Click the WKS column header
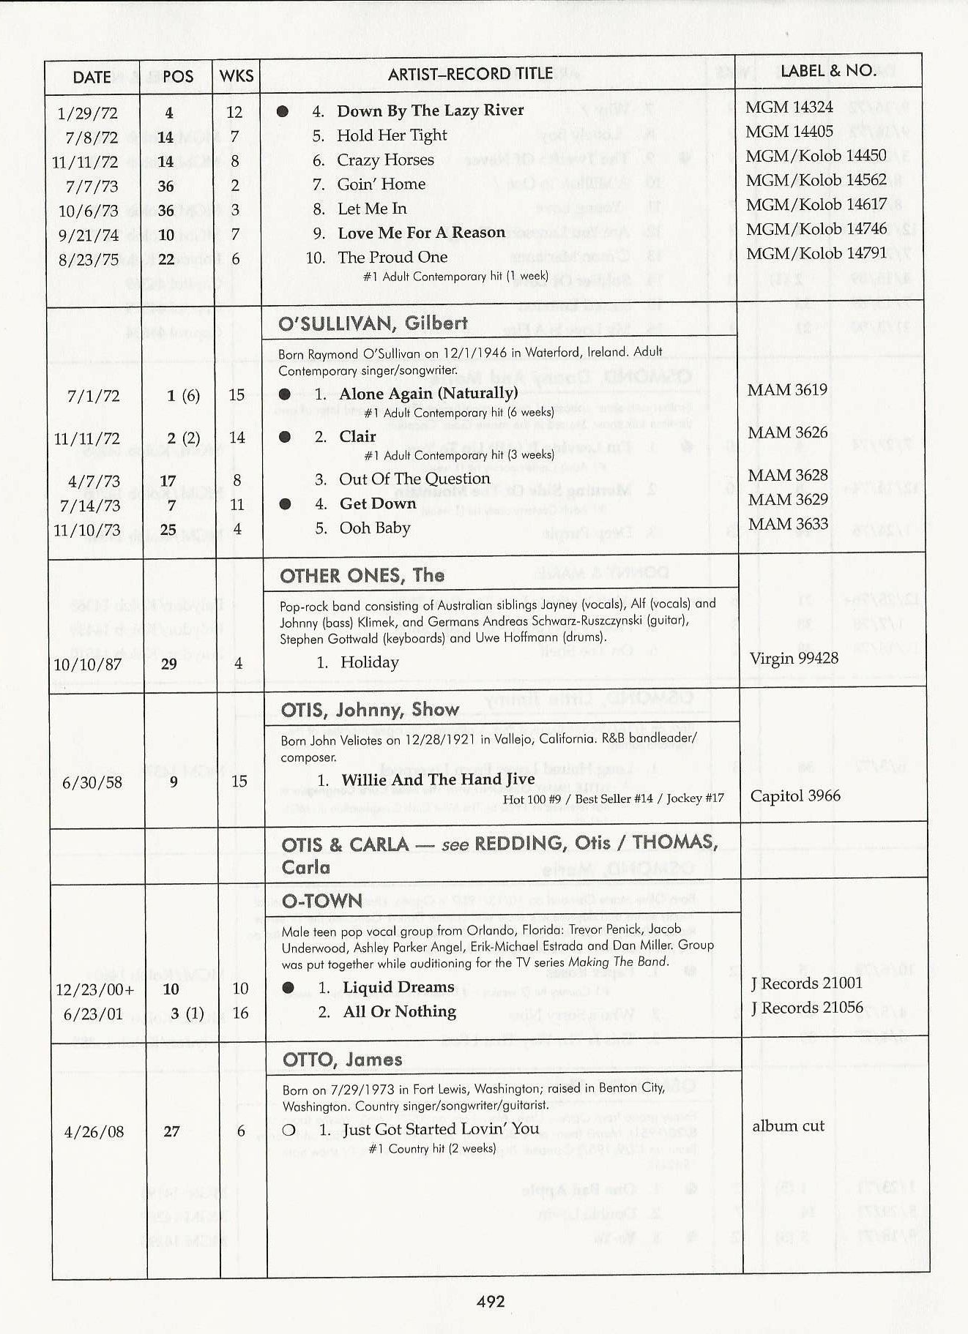[x=237, y=76]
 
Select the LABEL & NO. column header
[x=828, y=71]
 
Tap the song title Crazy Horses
[x=385, y=160]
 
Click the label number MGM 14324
[x=789, y=107]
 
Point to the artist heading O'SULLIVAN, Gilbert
[x=373, y=323]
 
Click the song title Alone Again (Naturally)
[x=428, y=393]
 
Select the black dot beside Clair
[x=285, y=437]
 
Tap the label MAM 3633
[x=788, y=524]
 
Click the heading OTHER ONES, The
[x=362, y=575]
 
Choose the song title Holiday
[x=369, y=662]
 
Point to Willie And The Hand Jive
[x=438, y=780]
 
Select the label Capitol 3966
[x=795, y=795]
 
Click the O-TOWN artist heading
[x=322, y=901]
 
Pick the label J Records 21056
[x=807, y=1008]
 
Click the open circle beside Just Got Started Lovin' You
[x=288, y=1130]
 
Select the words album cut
[x=788, y=1126]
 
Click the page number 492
[x=490, y=1300]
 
